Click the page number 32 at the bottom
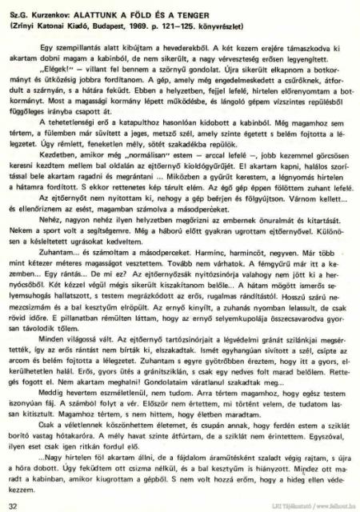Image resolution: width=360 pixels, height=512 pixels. pyautogui.click(x=11, y=504)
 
